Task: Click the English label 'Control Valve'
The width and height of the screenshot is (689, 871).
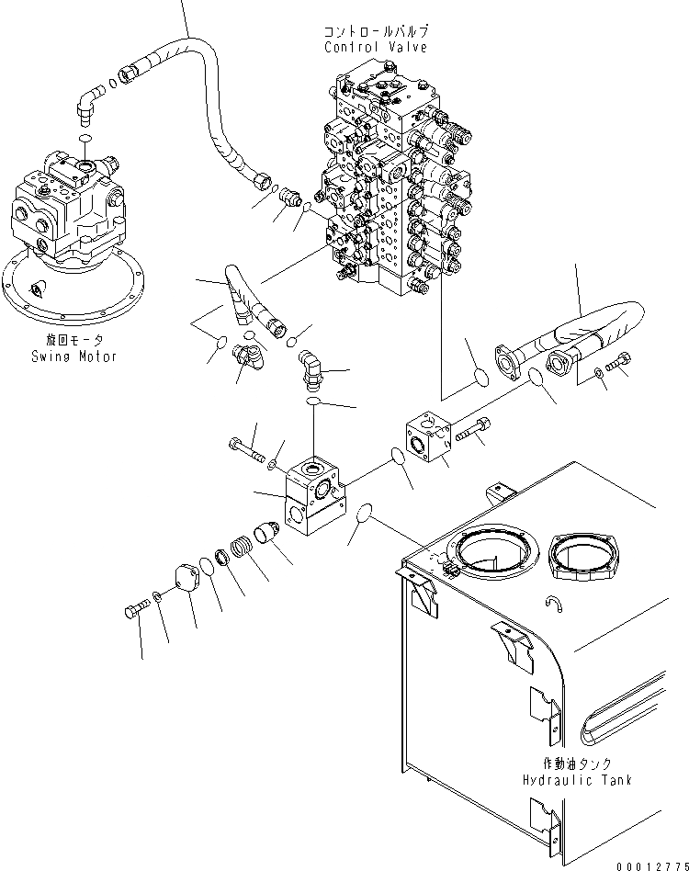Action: pos(376,47)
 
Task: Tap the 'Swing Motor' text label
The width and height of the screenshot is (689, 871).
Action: pos(72,356)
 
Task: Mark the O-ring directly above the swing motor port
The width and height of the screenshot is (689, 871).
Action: pos(85,138)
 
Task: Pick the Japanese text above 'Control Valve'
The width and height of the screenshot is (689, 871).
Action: pos(376,31)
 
